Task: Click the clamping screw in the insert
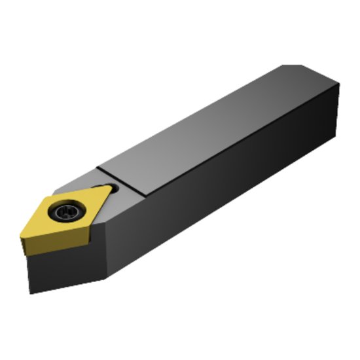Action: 67,211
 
